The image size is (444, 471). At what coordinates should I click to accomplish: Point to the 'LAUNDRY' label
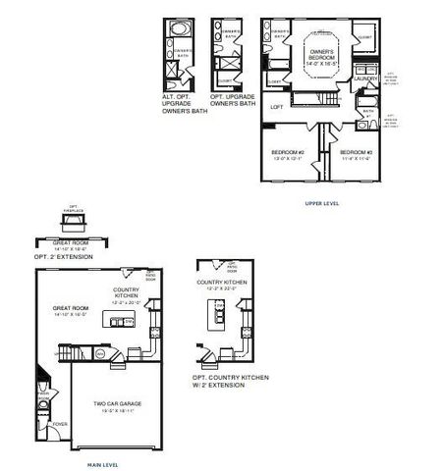pos(366,79)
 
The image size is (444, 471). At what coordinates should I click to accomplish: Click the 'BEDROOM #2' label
pos(287,152)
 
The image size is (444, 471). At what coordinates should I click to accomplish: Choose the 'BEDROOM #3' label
pos(355,152)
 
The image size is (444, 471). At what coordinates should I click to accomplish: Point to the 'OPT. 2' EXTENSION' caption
pos(61,256)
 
